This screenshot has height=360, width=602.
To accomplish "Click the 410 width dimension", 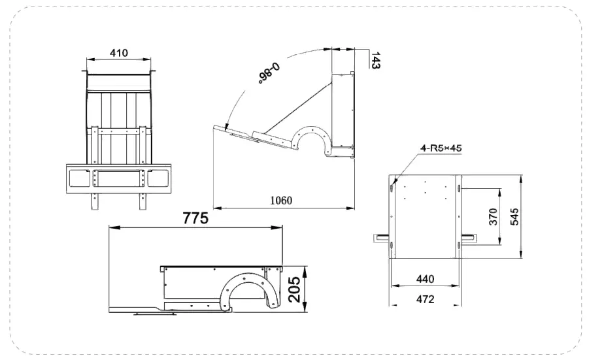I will pyautogui.click(x=119, y=53).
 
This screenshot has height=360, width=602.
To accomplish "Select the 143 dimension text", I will pyautogui.click(x=375, y=60).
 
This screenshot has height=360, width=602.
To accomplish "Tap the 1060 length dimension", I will pyautogui.click(x=280, y=200).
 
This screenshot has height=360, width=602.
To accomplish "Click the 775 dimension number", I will pyautogui.click(x=195, y=218).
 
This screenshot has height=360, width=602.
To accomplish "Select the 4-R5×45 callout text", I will pyautogui.click(x=441, y=148).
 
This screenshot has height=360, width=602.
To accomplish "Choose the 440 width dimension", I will pyautogui.click(x=425, y=279).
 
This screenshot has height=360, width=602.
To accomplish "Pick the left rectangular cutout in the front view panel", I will pyautogui.click(x=78, y=177).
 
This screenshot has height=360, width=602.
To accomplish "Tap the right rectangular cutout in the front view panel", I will pyautogui.click(x=159, y=177).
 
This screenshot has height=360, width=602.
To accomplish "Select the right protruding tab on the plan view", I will pyautogui.click(x=471, y=236).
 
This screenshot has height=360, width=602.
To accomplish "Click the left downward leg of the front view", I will pyautogui.click(x=94, y=201).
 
